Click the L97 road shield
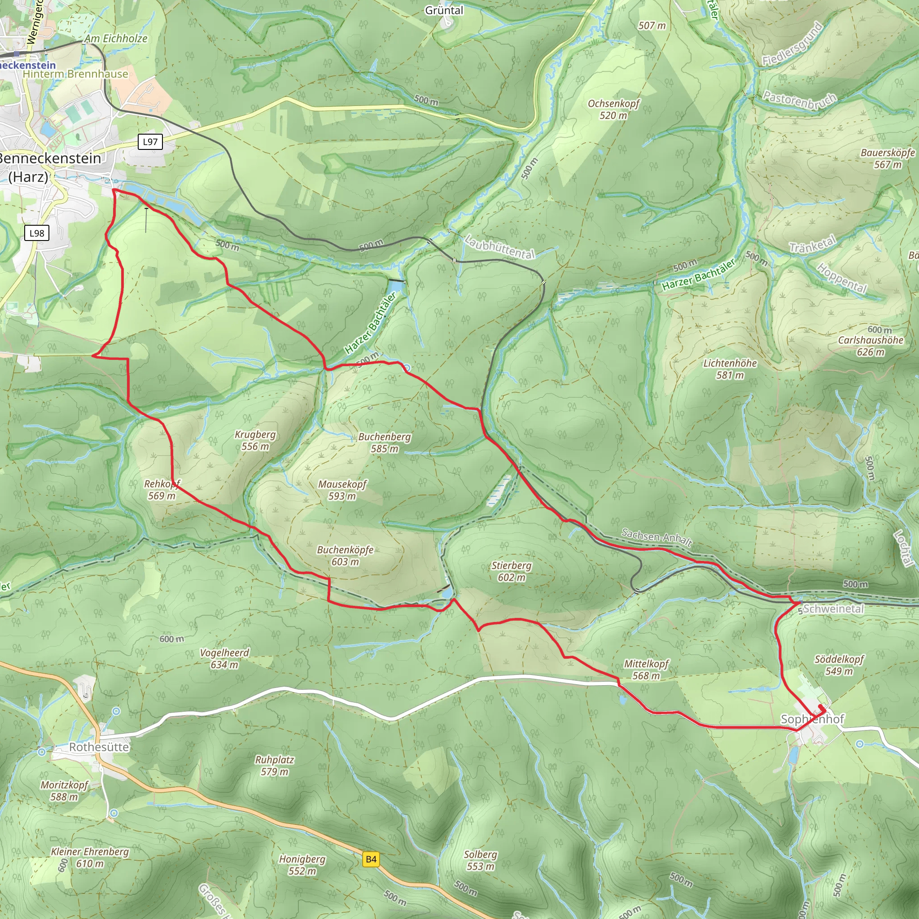tap(150, 142)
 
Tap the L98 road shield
tap(37, 233)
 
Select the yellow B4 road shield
tap(371, 859)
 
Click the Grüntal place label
tap(444, 10)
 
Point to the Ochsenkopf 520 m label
tap(613, 109)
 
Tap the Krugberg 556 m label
tap(255, 440)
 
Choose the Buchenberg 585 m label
tap(385, 442)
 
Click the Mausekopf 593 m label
tap(342, 490)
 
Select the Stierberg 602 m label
tap(512, 571)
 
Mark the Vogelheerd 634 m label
tap(224, 658)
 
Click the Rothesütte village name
tap(99, 747)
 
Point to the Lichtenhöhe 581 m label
tap(730, 369)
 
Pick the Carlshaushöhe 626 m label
tap(871, 346)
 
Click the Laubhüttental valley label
tap(499, 247)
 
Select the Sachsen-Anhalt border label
tap(656, 537)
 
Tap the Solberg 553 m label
tap(481, 860)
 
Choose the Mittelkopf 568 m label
tap(646, 669)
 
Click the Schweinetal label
tap(833, 609)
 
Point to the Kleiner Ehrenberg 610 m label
tap(90, 857)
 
